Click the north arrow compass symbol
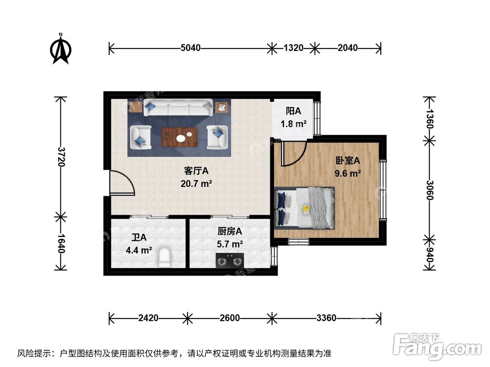click(61, 49)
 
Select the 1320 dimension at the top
click(294, 48)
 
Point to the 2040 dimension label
click(347, 48)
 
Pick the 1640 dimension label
click(61, 243)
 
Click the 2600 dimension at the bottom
click(229, 318)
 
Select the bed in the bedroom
click(305, 208)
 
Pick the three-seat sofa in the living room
click(178, 107)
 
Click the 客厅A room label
click(196, 171)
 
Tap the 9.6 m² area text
click(347, 173)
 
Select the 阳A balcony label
click(293, 111)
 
